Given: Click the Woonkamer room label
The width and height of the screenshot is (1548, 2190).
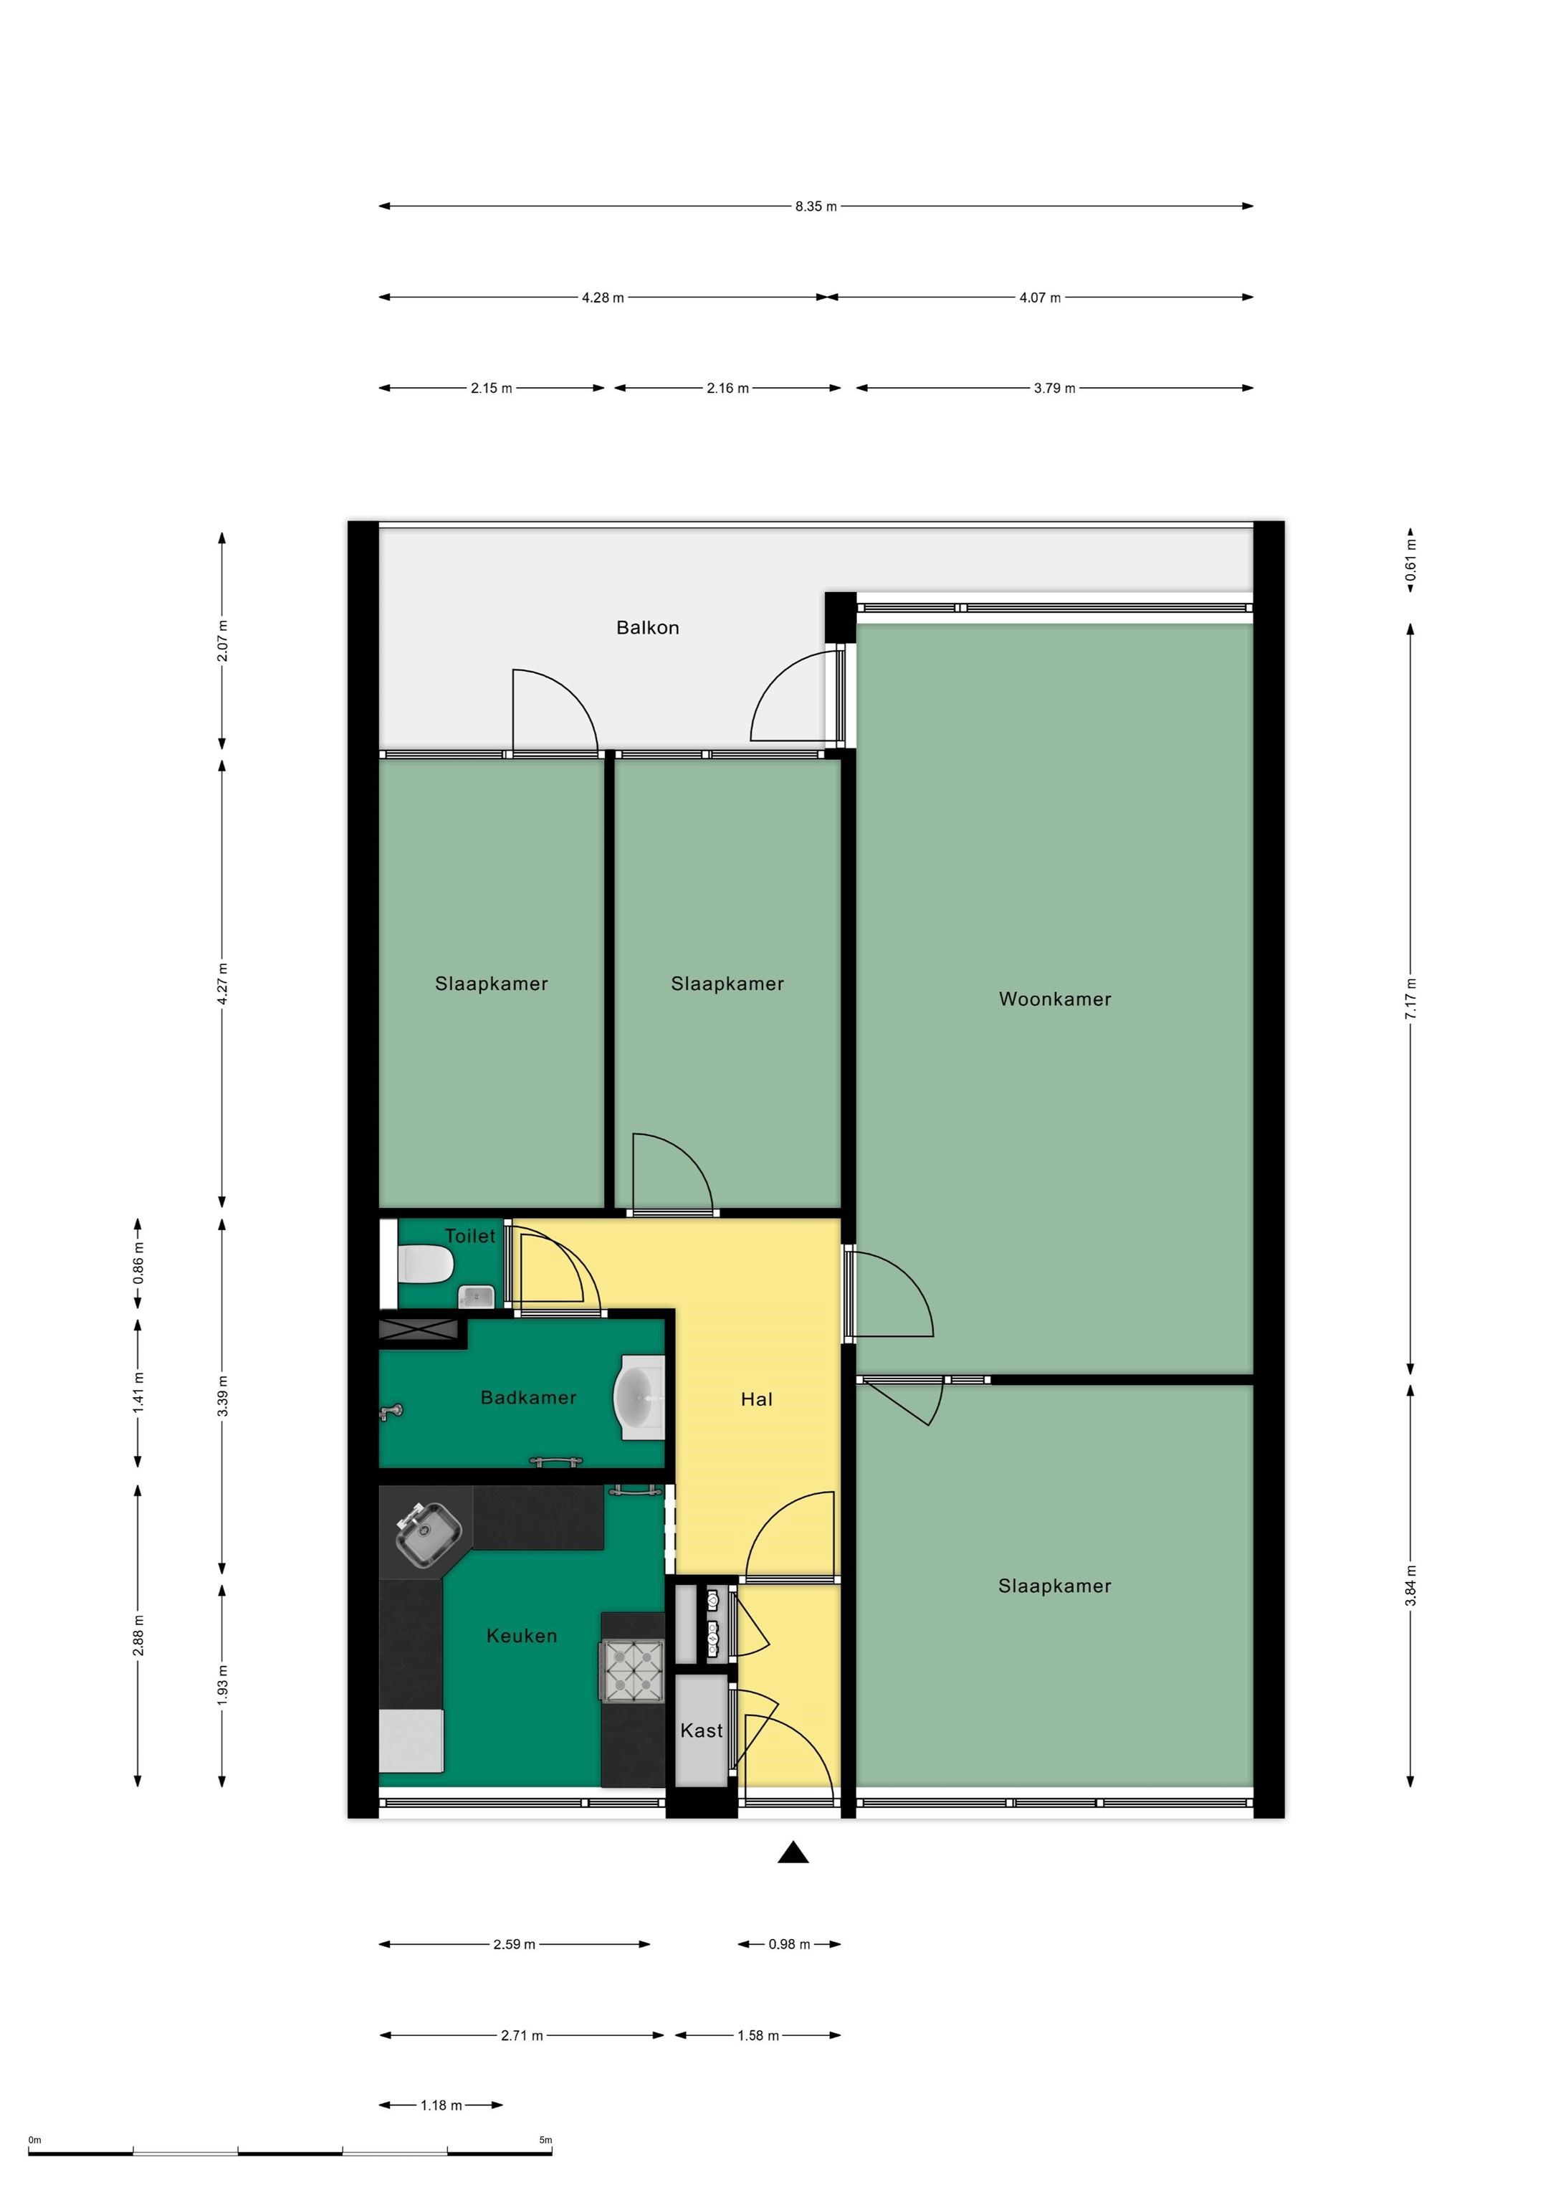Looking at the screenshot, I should pos(1054,999).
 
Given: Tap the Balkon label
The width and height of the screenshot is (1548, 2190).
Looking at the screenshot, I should pos(648,628).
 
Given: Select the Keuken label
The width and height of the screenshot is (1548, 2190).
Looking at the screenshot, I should pos(521,1636).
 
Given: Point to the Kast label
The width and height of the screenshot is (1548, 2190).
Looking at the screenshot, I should pos(701,1730).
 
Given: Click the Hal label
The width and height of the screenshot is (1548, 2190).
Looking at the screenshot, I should pos(756,1399).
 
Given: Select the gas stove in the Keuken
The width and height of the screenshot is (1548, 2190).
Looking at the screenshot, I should pos(631,1670).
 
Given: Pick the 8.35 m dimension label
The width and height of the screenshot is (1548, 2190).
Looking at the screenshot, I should pos(816,206).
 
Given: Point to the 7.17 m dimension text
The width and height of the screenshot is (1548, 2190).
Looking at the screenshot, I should pos(1410,999).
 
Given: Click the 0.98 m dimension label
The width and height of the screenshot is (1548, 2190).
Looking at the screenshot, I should pos(789,1944).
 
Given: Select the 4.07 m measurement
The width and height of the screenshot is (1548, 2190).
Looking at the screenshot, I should pos(1040,297).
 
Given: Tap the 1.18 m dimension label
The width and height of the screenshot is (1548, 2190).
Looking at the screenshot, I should pos(441,2105).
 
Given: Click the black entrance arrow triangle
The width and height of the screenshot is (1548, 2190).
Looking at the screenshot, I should pos(793,1853).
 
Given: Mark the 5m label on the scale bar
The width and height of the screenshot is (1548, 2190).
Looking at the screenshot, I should pos(545,2141).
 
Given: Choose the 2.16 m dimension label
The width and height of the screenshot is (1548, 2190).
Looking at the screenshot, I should pos(727,389).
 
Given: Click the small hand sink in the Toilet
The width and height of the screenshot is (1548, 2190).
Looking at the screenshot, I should pos(476,1296).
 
